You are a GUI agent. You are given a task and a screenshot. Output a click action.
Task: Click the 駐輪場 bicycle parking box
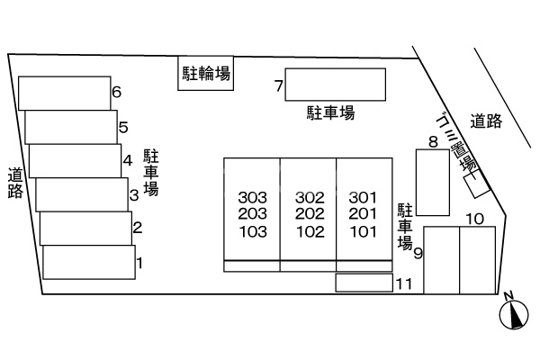click(204, 74)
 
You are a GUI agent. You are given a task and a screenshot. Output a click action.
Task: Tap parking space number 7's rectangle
click(335, 85)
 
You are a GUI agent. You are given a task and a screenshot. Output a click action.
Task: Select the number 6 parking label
click(116, 92)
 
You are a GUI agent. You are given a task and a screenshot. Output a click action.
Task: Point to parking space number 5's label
click(123, 127)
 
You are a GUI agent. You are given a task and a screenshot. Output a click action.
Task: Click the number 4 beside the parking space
click(128, 161)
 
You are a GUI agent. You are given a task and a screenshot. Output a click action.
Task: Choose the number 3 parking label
click(133, 193)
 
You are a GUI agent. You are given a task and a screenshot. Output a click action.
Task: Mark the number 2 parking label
click(137, 228)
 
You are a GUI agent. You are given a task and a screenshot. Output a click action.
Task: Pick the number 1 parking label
click(139, 264)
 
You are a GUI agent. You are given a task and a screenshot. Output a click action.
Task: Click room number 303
click(252, 197)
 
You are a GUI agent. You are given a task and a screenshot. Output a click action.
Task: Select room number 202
click(309, 213)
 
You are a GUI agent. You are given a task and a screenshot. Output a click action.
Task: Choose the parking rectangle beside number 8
click(432, 183)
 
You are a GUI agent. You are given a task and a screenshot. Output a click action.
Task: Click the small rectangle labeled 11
click(364, 283)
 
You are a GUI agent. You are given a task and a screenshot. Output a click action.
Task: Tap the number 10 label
click(475, 219)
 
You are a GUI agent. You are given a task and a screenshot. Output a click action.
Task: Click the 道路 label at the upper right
click(485, 121)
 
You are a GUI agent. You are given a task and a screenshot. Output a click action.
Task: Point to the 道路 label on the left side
click(15, 183)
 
